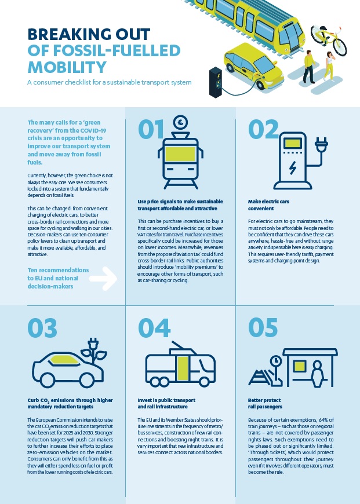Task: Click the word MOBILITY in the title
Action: tap(67, 67)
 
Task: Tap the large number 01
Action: tap(151, 129)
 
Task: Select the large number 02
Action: tap(263, 129)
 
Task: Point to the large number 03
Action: tap(42, 328)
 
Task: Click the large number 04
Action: tap(154, 328)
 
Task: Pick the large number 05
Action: tap(263, 328)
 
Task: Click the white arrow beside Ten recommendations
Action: tap(103, 278)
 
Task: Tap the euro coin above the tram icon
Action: tap(180, 122)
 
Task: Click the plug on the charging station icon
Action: tap(321, 145)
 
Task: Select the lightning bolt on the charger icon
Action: tap(292, 168)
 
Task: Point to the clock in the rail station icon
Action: tap(276, 361)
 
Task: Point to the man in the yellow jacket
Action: tap(309, 67)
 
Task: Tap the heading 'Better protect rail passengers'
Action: tap(265, 403)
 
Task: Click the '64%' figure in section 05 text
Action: tap(323, 420)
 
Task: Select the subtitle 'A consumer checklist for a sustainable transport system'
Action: tap(110, 82)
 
